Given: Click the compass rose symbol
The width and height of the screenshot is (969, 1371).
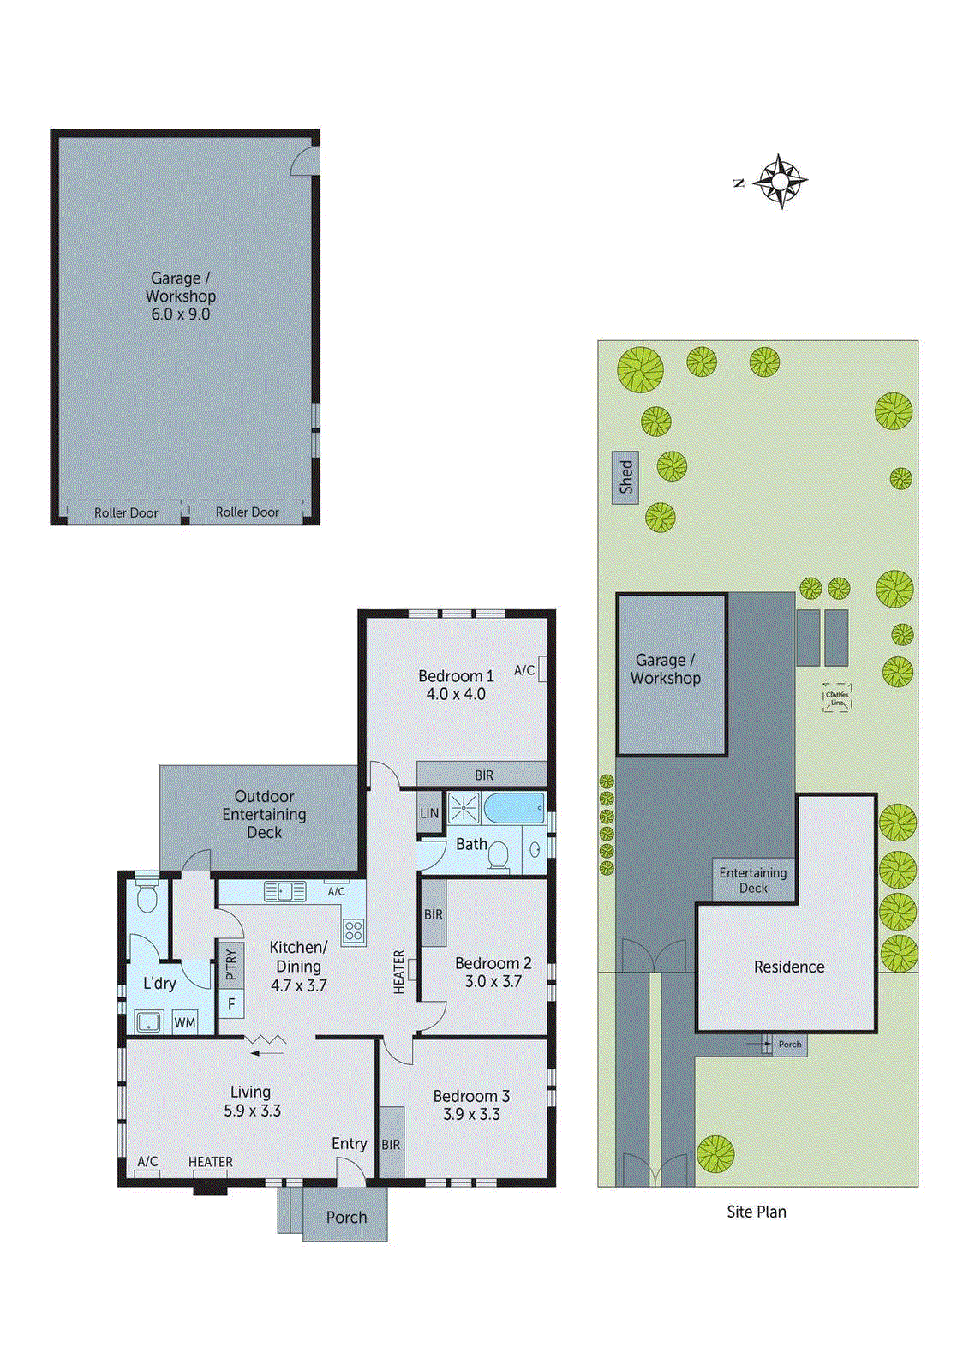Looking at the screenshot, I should (781, 181).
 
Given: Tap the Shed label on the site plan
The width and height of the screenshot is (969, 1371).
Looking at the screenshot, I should (625, 477).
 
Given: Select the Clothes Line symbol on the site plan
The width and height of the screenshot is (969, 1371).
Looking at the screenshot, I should (837, 698).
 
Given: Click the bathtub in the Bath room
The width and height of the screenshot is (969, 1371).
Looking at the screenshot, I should (513, 807).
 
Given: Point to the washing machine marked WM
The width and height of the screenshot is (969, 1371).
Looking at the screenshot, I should (185, 1021).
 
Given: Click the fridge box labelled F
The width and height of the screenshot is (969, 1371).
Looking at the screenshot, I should (231, 1004).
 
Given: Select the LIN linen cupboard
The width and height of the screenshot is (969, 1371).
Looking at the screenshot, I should (429, 813).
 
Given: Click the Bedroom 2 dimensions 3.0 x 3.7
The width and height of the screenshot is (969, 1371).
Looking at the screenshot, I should (493, 981).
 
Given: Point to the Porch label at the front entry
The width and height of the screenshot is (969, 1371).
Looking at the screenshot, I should (346, 1217).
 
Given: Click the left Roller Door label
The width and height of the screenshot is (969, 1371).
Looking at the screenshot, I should (126, 512).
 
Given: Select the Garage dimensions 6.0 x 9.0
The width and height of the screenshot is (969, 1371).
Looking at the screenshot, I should (181, 314).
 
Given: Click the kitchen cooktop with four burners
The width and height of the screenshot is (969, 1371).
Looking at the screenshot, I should (354, 931).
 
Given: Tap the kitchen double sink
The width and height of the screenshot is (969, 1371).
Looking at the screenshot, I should (285, 891).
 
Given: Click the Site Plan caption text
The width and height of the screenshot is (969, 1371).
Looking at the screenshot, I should (756, 1212).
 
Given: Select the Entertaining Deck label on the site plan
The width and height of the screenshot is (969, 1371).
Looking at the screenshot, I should (752, 880).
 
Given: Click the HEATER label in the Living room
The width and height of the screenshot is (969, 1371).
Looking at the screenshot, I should (210, 1162).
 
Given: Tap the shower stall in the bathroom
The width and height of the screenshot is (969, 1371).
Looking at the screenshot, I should (464, 808).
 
